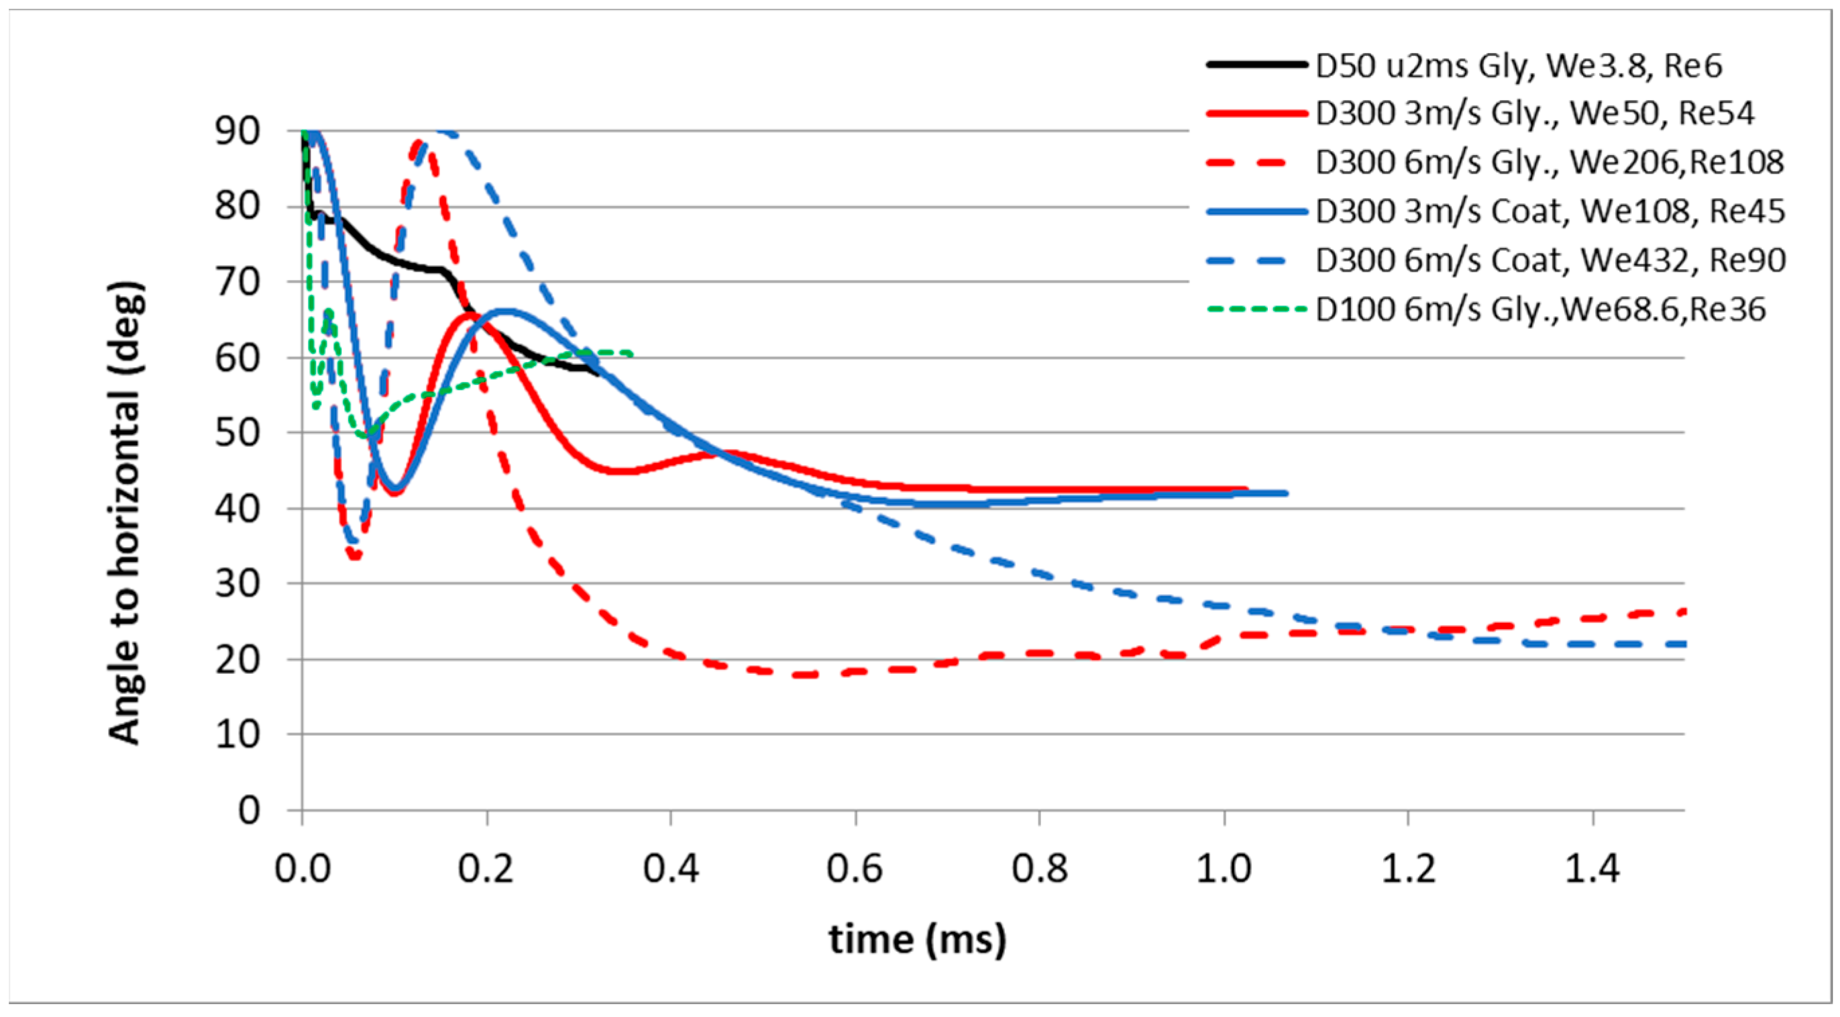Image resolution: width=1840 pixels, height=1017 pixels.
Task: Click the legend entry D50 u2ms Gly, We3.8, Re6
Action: [x=1519, y=66]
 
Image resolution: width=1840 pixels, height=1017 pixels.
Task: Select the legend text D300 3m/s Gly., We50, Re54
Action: [x=1534, y=113]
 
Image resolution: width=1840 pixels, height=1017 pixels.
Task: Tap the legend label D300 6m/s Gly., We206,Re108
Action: [x=1550, y=162]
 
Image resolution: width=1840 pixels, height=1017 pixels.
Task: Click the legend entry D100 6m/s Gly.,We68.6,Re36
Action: [x=1540, y=309]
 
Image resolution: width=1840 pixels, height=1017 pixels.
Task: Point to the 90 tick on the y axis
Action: [x=237, y=132]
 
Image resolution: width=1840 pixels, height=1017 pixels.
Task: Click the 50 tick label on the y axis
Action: [x=237, y=433]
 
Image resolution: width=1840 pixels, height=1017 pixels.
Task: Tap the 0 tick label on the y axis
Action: [x=249, y=810]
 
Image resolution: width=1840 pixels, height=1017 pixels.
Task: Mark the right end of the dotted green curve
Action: [x=632, y=353]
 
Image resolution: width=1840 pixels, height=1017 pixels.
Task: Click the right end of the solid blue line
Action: [x=1286, y=493]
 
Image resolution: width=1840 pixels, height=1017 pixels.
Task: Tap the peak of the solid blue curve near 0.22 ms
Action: [x=505, y=311]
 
